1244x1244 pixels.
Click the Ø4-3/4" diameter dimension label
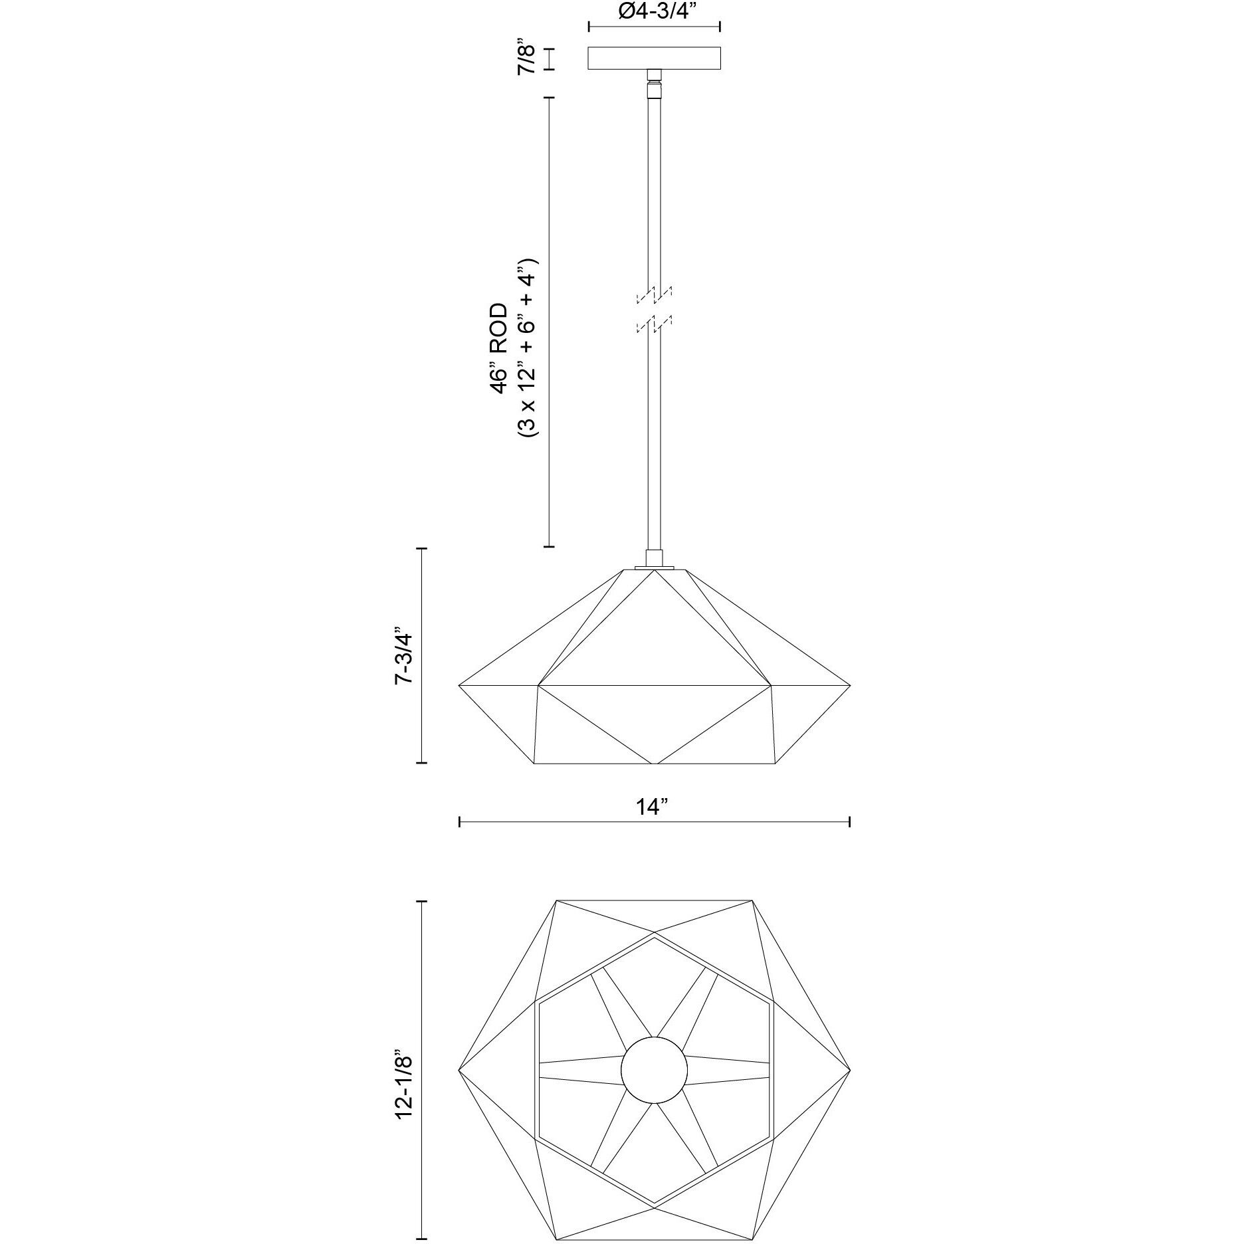coord(655,11)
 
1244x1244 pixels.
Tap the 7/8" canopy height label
coord(526,58)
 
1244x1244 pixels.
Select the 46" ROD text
coord(498,349)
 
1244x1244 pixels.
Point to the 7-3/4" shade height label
coord(404,656)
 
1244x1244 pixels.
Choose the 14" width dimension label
coord(653,807)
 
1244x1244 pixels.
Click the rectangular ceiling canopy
coord(655,58)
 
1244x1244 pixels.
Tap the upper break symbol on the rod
coord(655,293)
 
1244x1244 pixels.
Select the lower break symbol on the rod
coord(655,323)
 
